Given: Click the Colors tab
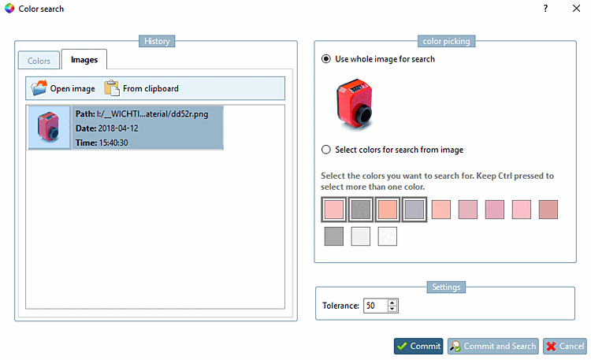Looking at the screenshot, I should click(39, 60).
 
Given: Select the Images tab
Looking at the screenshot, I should click(84, 60).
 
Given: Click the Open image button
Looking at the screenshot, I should click(63, 88).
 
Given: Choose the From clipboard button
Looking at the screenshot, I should click(142, 88).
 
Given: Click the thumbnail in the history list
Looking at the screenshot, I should click(49, 128).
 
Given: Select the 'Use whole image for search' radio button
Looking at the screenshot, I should click(326, 59).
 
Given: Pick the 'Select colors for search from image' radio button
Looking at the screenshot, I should click(326, 150).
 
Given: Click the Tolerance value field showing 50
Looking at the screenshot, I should click(374, 305).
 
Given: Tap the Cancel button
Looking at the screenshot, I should click(564, 346).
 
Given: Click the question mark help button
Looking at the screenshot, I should click(545, 9).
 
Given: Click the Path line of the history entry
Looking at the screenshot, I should click(142, 113).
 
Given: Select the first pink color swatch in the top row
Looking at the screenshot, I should click(333, 210).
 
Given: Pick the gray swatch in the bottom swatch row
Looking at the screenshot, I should click(333, 236).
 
